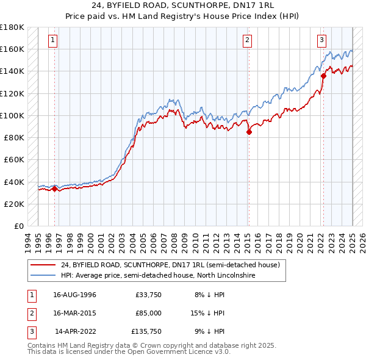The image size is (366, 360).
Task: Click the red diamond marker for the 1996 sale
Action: click(x=54, y=189)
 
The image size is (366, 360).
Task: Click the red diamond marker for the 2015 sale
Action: click(x=249, y=132)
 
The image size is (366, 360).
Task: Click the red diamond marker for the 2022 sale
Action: click(x=323, y=76)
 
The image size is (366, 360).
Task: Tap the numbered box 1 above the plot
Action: click(x=53, y=41)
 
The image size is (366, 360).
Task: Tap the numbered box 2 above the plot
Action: click(x=248, y=41)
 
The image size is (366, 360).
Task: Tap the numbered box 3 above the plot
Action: click(x=321, y=41)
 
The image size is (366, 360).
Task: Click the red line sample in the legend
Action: click(x=42, y=265)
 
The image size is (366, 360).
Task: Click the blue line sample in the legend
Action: click(x=42, y=276)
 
